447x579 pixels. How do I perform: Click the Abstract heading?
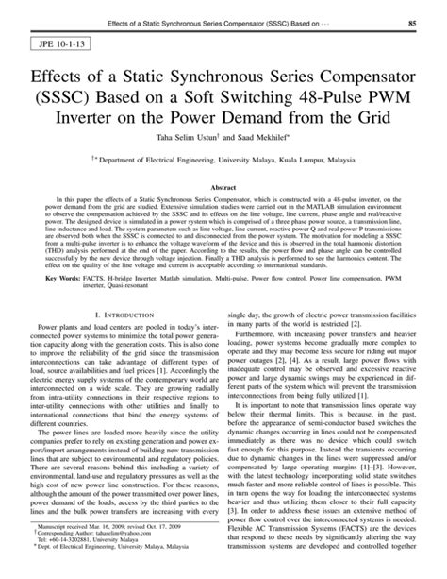(223, 188)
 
